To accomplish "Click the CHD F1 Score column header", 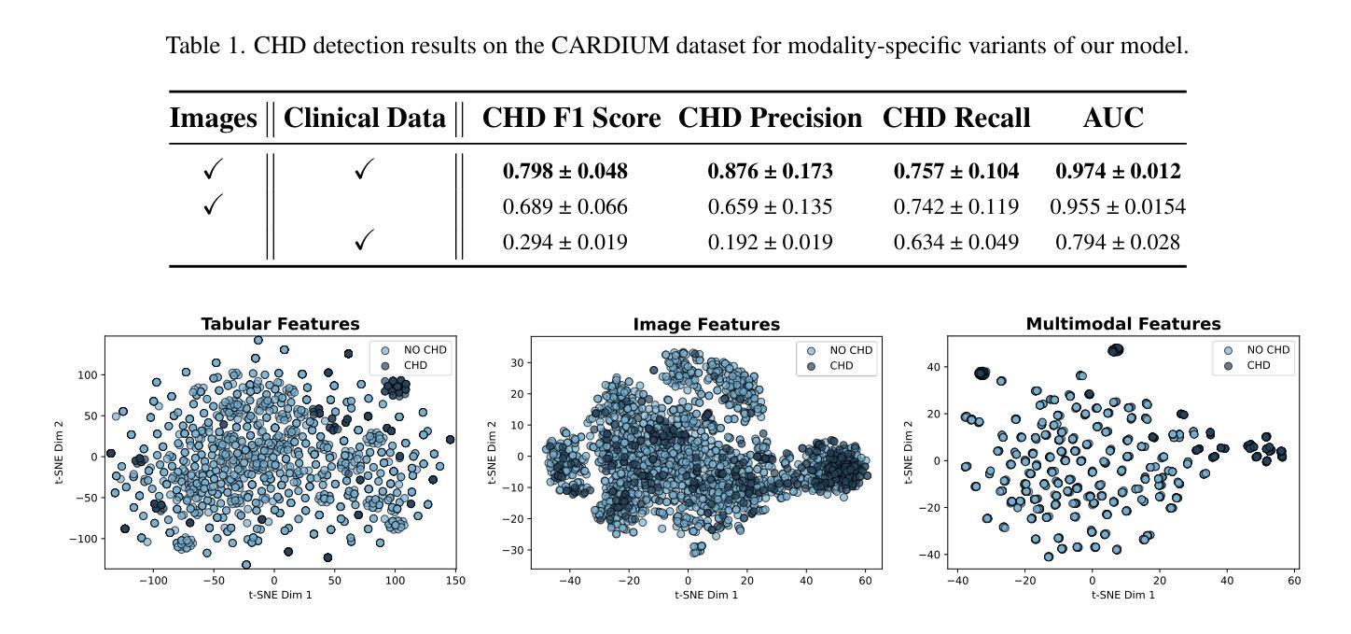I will (571, 119).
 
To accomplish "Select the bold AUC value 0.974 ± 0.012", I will (1118, 172).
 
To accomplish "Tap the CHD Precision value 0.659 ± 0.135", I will (770, 207).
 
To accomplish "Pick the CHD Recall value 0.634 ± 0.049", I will (955, 243).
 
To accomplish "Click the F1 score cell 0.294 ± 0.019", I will (564, 243).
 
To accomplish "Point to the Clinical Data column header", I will (364, 119).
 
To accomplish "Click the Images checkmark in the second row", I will (213, 207).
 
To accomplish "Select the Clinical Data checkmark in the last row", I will (365, 243).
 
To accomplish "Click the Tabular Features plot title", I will (280, 324).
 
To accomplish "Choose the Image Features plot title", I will (706, 325).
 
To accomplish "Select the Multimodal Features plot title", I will (1122, 324).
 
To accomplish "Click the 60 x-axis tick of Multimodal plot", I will (1293, 581).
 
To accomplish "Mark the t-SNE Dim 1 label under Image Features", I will (706, 595).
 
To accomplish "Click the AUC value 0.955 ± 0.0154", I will (1118, 207).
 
